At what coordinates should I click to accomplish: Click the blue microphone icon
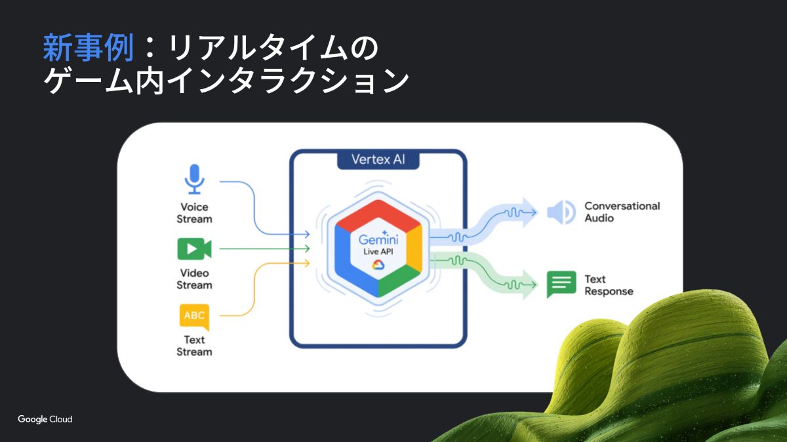(194, 178)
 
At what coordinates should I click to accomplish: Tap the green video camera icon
(194, 249)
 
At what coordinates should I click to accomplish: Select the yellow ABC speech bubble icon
(194, 317)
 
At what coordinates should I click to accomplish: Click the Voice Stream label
(194, 212)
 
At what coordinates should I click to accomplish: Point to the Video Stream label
(194, 279)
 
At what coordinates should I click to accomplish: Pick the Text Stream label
(194, 346)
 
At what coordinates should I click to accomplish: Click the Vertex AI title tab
(378, 159)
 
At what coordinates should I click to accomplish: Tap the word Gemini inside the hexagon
(378, 239)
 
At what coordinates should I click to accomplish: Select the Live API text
(378, 252)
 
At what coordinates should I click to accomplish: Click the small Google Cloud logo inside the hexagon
(378, 264)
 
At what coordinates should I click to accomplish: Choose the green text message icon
(561, 285)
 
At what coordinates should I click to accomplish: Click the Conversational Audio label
(622, 212)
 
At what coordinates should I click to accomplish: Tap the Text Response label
(609, 285)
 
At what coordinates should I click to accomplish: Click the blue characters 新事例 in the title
(88, 48)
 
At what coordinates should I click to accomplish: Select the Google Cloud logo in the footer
(45, 419)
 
